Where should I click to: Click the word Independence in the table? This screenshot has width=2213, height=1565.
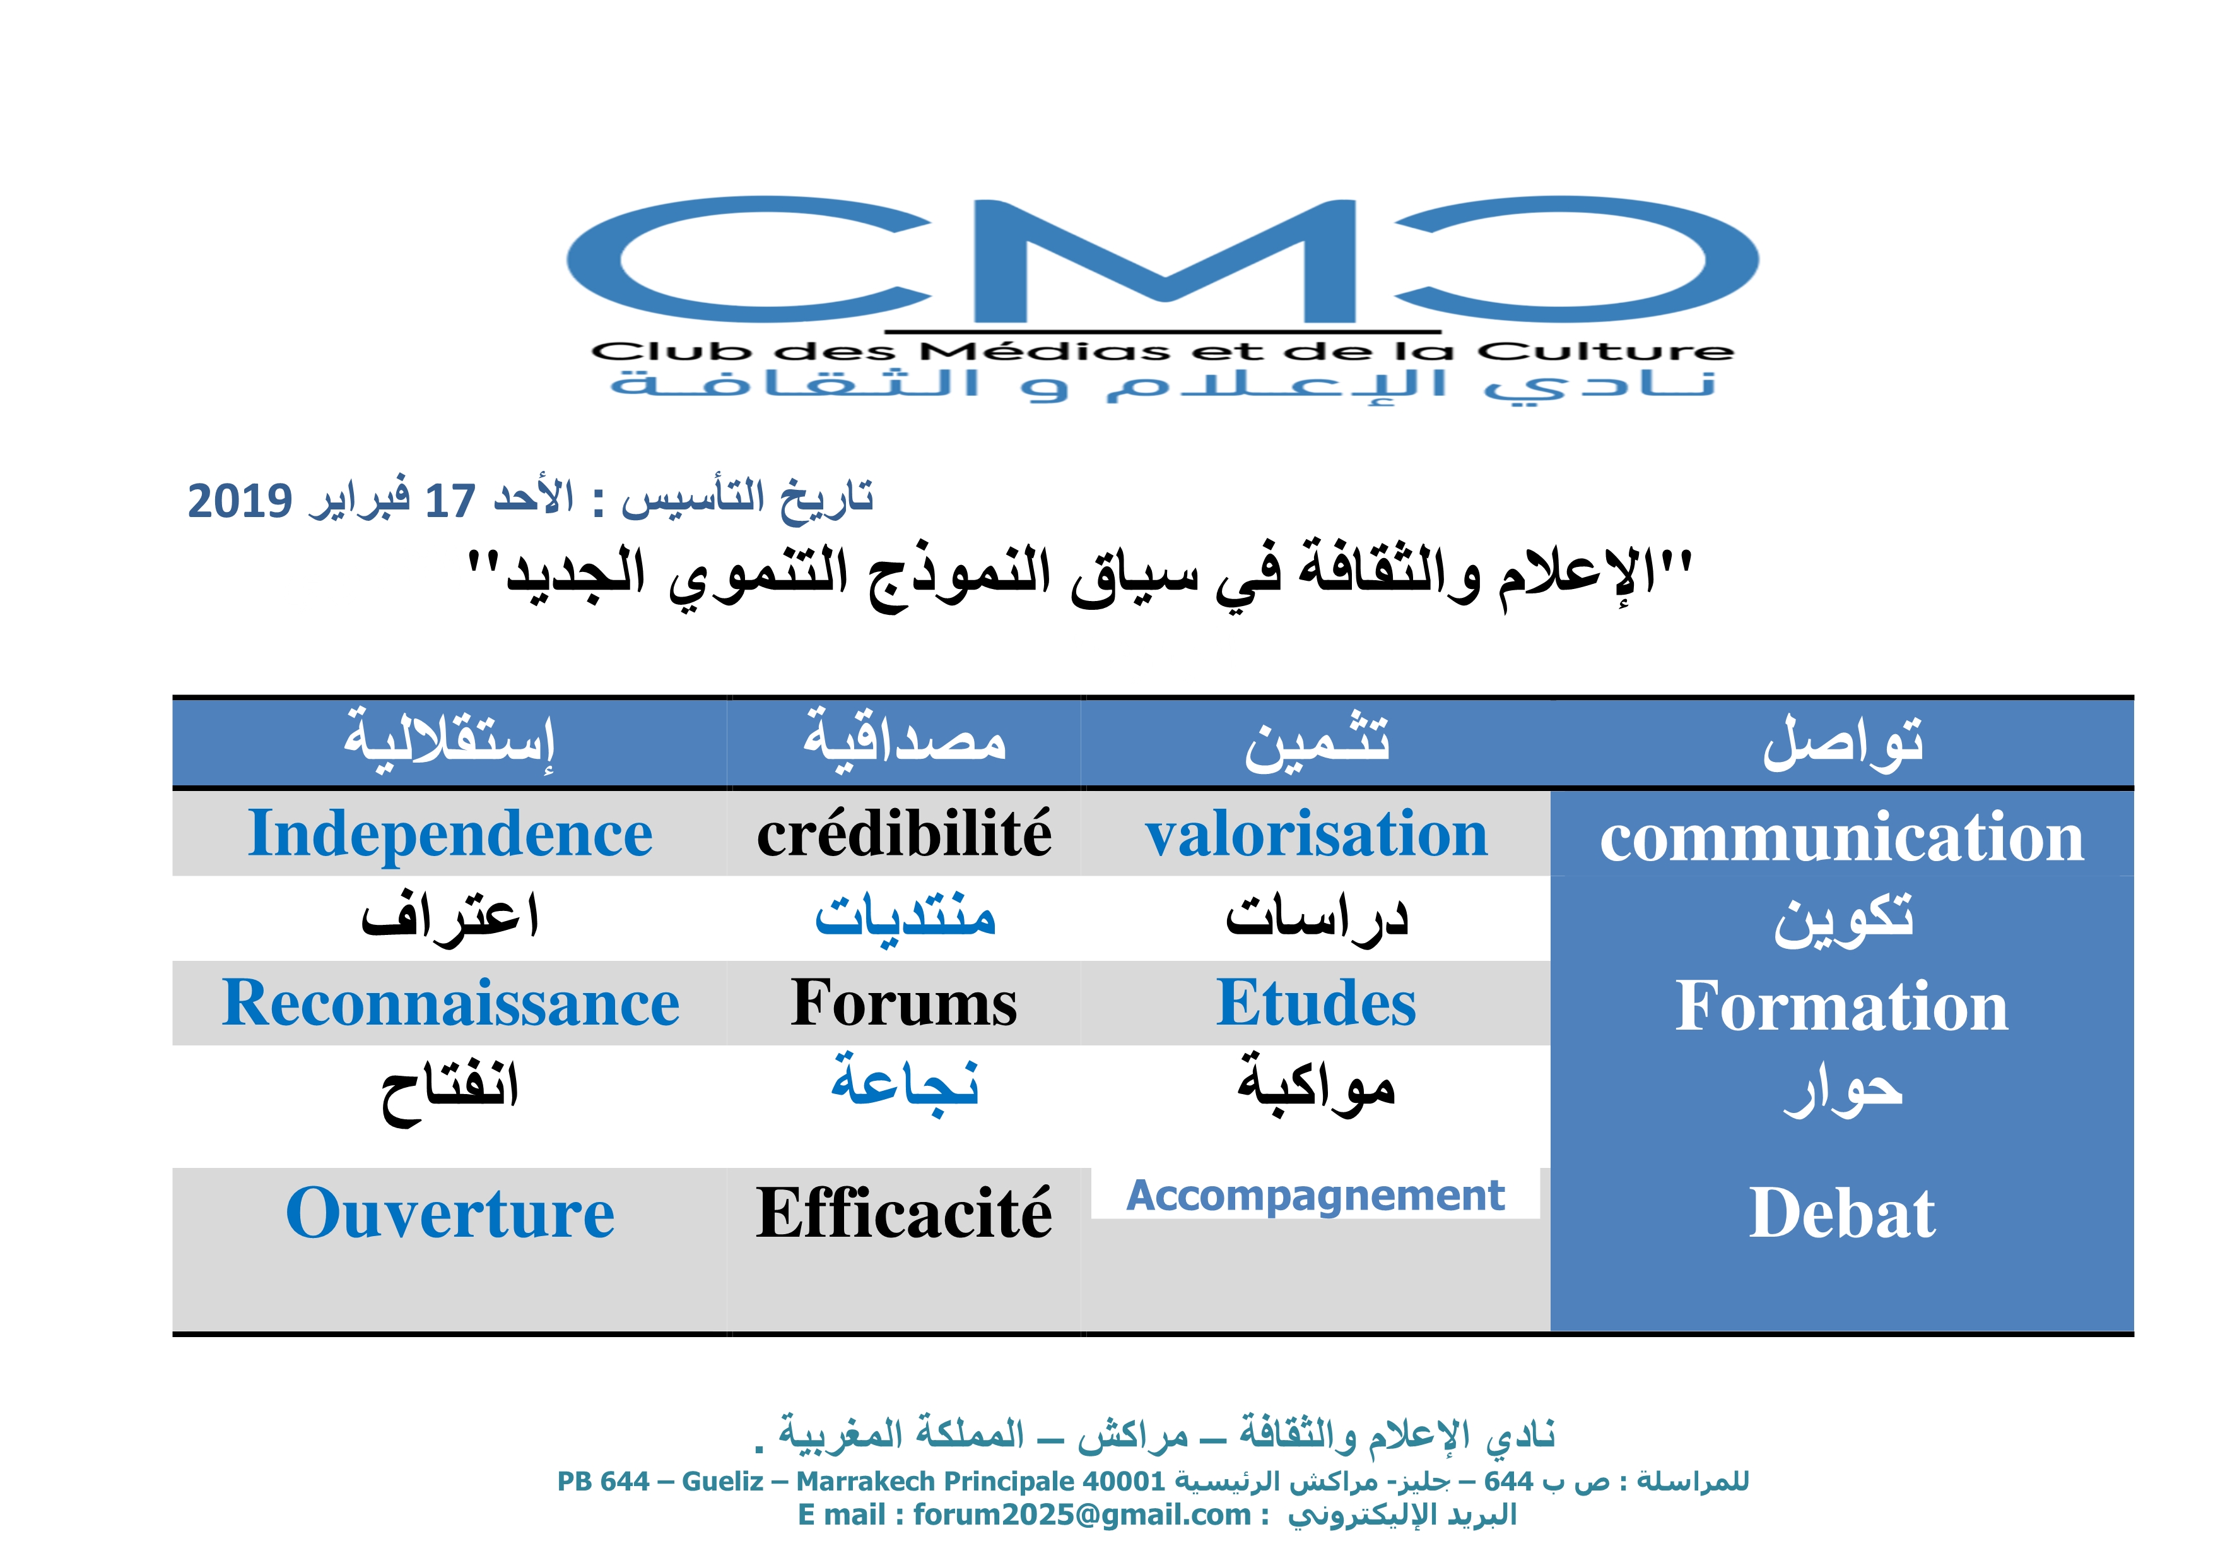point(450,834)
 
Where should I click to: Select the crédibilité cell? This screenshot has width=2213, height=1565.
point(904,834)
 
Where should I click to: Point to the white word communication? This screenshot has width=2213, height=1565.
point(1842,837)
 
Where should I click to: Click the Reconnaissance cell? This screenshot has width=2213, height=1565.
point(450,1004)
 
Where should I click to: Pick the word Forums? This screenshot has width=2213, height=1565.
point(904,1004)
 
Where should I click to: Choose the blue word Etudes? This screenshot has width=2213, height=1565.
point(1317,1004)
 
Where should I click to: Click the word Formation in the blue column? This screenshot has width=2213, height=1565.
point(1842,1006)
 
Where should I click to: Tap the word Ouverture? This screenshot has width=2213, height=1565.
point(450,1213)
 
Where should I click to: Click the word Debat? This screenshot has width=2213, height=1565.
point(1842,1213)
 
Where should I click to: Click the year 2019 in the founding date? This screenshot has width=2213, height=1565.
point(239,501)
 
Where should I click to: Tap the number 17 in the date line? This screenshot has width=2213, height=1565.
point(450,501)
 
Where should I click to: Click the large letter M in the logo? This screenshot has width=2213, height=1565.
point(1165,260)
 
